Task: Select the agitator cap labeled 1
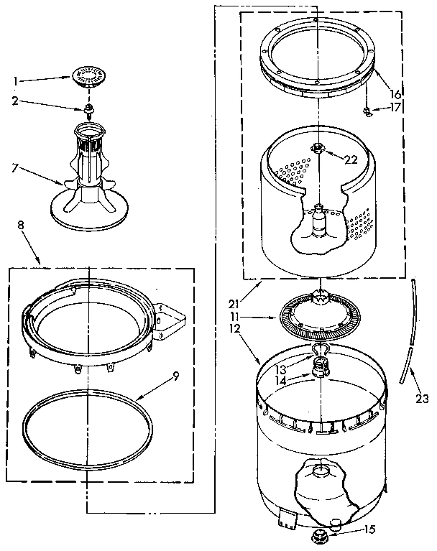coord(90,75)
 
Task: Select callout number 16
coord(395,94)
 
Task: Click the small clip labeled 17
coord(367,111)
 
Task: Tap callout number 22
coord(350,159)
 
